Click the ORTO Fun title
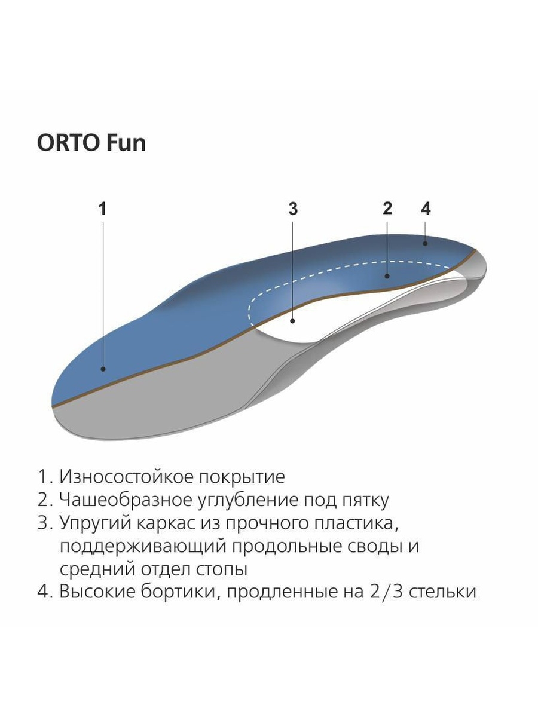click(91, 143)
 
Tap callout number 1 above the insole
click(103, 209)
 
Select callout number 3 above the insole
click(293, 209)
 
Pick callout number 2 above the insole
click(387, 209)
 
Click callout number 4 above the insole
click(426, 209)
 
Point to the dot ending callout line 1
click(103, 369)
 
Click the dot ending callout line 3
click(293, 321)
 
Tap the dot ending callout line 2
click(387, 276)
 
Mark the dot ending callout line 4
click(425, 243)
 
